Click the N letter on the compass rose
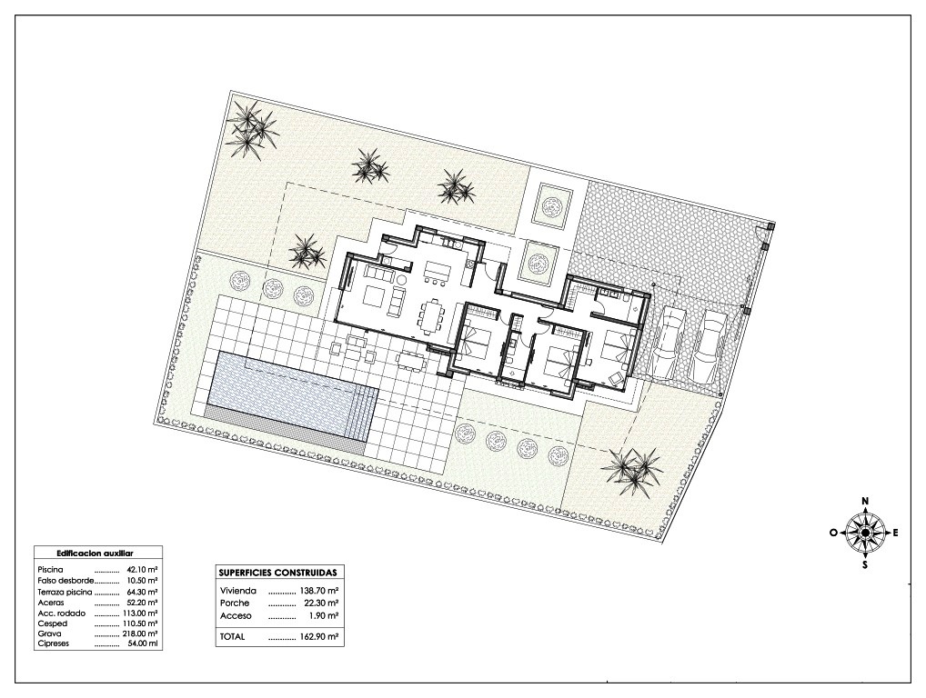[x=865, y=501]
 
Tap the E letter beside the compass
[x=895, y=533]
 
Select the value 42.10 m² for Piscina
[x=142, y=570]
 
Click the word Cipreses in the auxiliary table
[x=53, y=643]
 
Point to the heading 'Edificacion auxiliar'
[x=95, y=553]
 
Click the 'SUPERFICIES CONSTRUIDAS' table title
[x=277, y=573]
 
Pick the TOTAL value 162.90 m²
[x=319, y=637]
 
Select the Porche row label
[x=235, y=603]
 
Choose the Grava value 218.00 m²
[x=142, y=633]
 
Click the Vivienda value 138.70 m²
[x=319, y=590]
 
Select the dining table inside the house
[x=430, y=317]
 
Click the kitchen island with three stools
[x=437, y=273]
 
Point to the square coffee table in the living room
[x=373, y=295]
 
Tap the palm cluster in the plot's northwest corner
[x=253, y=129]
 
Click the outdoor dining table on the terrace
[x=410, y=361]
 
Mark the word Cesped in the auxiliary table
[x=53, y=623]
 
